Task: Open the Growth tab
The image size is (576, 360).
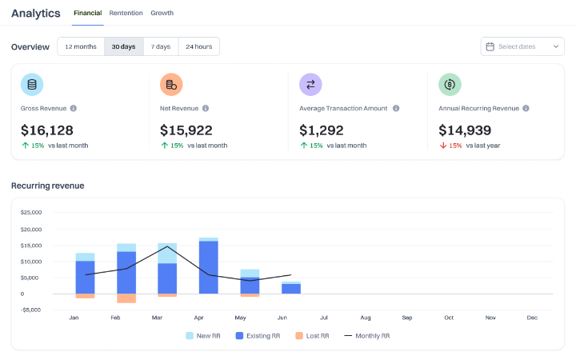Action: (x=162, y=13)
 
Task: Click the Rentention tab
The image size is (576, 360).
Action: (x=126, y=13)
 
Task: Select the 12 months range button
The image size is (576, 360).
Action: (x=81, y=46)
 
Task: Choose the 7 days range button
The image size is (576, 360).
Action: (x=162, y=46)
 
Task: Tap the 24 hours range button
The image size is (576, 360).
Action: (x=199, y=46)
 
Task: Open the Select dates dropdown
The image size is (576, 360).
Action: (x=523, y=46)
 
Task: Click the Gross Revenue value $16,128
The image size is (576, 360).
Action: (x=47, y=130)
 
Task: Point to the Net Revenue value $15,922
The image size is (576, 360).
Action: (x=186, y=130)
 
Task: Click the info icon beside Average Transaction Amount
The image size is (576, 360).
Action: (x=396, y=108)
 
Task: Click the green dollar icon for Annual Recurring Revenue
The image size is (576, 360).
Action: (x=450, y=84)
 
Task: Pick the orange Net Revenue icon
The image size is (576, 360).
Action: (x=171, y=84)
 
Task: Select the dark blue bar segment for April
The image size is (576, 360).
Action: (x=209, y=266)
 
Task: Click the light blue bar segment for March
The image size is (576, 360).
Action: (x=167, y=253)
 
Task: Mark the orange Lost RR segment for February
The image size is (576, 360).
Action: (x=126, y=298)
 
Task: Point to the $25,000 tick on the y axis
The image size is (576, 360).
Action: (x=30, y=213)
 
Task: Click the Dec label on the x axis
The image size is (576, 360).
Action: (x=532, y=318)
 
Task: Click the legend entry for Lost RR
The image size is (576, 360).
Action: (x=313, y=336)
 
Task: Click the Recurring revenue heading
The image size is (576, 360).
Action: (x=47, y=186)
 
